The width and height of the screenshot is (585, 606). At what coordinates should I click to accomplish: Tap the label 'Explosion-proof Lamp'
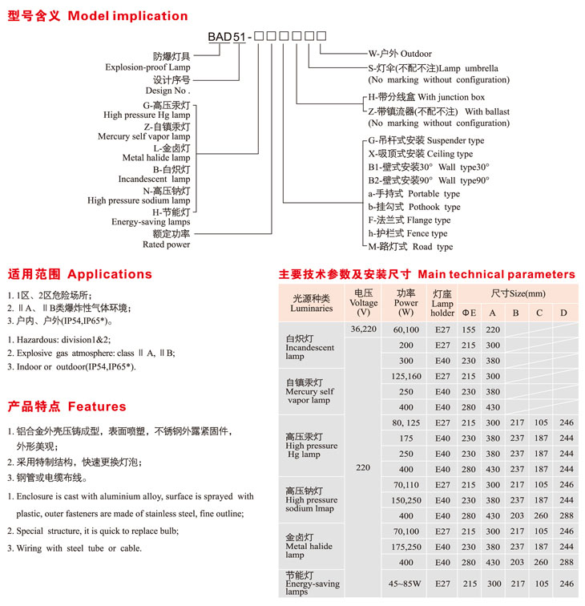click(x=147, y=67)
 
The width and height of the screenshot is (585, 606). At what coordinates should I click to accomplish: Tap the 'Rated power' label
click(x=167, y=244)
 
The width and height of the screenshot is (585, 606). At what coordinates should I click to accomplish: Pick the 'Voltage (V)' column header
click(x=364, y=303)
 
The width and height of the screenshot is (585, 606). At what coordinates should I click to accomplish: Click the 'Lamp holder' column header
click(x=442, y=304)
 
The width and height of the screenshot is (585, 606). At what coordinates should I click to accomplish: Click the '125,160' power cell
click(x=406, y=376)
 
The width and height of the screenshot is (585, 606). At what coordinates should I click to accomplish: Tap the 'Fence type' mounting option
click(x=418, y=233)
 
